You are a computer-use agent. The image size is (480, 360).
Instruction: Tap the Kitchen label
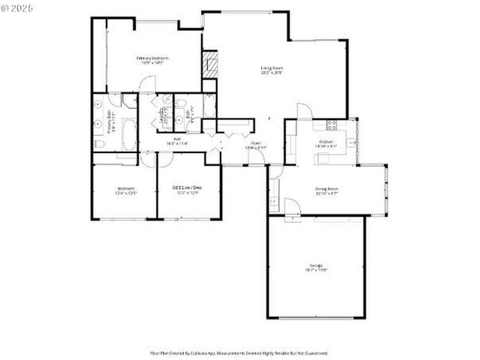pos(325,142)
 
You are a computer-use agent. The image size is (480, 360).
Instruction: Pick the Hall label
pos(178,139)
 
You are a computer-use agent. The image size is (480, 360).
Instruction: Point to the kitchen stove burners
pos(332,124)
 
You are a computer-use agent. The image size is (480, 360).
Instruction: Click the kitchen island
pos(328,157)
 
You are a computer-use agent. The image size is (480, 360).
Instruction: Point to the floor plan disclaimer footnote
pos(239,352)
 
